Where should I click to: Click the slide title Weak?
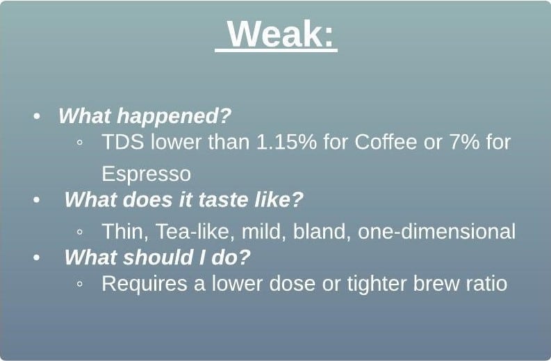coord(281,33)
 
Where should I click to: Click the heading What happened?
coord(145,115)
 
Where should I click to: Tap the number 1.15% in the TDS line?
coord(286,142)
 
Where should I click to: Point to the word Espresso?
coord(146,174)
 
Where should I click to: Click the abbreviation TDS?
coord(123,142)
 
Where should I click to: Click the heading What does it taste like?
coord(184,200)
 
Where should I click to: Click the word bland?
coord(322,232)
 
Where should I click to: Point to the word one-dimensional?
coord(436,232)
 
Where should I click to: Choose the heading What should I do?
coord(157,257)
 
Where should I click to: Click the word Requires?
coord(145,284)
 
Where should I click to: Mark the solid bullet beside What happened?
coord(37,116)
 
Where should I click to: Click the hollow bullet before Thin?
coord(80,232)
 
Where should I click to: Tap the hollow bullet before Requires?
coord(80,284)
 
